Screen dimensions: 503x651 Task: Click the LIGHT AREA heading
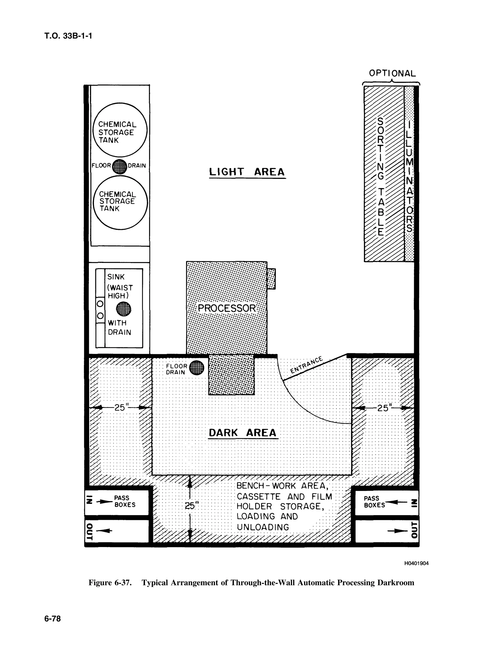click(x=247, y=172)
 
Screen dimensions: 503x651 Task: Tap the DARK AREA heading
click(x=243, y=433)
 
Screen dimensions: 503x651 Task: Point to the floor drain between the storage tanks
click(x=120, y=166)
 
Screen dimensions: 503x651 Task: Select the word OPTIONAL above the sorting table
click(x=392, y=73)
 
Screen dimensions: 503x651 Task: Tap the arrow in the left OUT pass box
click(x=105, y=531)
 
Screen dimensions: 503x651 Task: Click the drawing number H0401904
click(x=416, y=563)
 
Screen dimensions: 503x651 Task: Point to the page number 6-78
click(x=53, y=619)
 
